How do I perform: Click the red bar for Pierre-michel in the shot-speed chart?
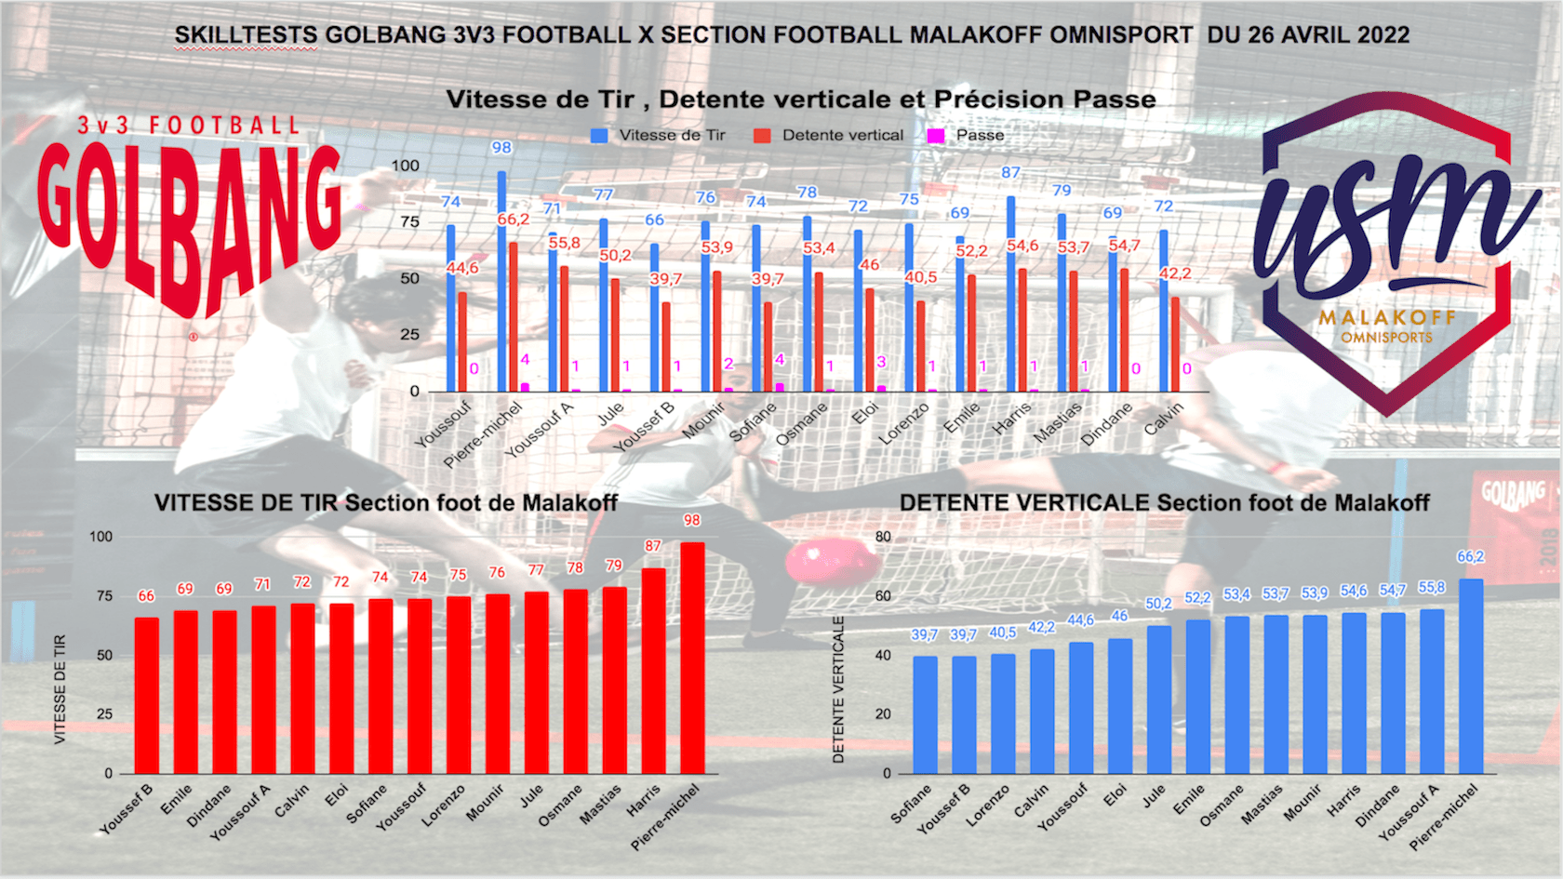(x=692, y=658)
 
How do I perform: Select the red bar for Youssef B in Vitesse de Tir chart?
(x=147, y=696)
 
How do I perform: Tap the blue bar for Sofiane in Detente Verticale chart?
(x=925, y=714)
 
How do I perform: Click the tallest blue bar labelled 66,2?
(x=1471, y=676)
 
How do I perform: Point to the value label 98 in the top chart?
(x=501, y=148)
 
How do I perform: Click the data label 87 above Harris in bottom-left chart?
(x=653, y=546)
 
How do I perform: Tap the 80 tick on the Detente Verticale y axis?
(x=883, y=537)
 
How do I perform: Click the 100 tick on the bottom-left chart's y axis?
(x=100, y=537)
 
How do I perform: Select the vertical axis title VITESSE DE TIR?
(x=60, y=689)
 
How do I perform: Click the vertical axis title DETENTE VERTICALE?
(x=838, y=689)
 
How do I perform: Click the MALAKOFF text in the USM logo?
(x=1386, y=318)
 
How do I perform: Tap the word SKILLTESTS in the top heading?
(x=246, y=35)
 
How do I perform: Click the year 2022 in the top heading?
(x=1383, y=35)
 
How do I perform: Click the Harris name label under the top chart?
(x=1011, y=418)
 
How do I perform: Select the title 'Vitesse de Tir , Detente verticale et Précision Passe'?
(x=801, y=100)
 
